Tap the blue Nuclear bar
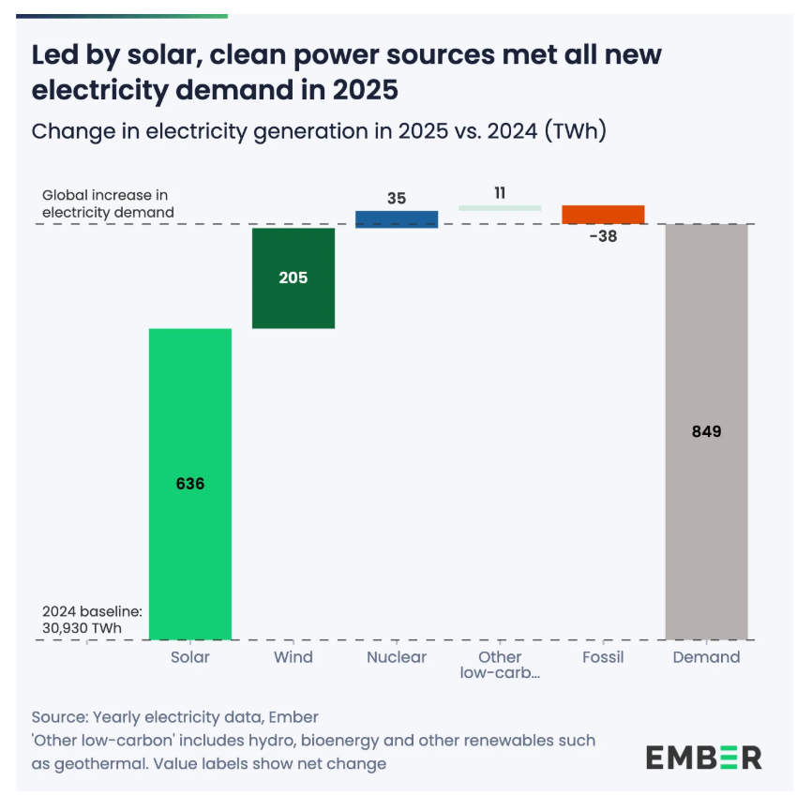[397, 218]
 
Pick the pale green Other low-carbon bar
[500, 207]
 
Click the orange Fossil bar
[603, 214]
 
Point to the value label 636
[190, 484]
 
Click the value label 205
[293, 278]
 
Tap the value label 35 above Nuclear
[397, 198]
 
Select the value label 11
[500, 192]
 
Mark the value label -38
[603, 236]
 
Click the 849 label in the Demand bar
[706, 431]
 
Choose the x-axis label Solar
[190, 657]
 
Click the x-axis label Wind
[293, 657]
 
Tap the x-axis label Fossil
[603, 657]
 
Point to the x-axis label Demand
[706, 657]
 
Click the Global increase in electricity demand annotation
[108, 203]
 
